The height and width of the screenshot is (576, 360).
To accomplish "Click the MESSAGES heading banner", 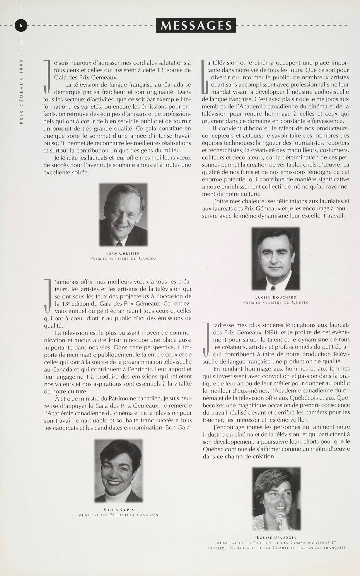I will (196, 26).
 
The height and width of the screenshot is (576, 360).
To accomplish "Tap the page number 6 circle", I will (21, 26).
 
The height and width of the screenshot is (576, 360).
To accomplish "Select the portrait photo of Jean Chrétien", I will (123, 215).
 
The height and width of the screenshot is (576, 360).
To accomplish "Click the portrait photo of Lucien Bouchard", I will (276, 259).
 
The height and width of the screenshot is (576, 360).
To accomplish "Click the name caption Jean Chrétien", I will (123, 253).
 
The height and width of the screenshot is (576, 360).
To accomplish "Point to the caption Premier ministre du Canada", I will (123, 259).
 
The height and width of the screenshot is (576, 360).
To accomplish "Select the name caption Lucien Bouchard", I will (276, 297).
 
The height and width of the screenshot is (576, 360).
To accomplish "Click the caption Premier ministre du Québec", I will (276, 302).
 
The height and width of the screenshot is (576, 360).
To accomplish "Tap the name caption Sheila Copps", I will (119, 509).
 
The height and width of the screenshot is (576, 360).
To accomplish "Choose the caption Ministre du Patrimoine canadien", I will (119, 515).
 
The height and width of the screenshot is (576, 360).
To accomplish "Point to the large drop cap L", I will (205, 77).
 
